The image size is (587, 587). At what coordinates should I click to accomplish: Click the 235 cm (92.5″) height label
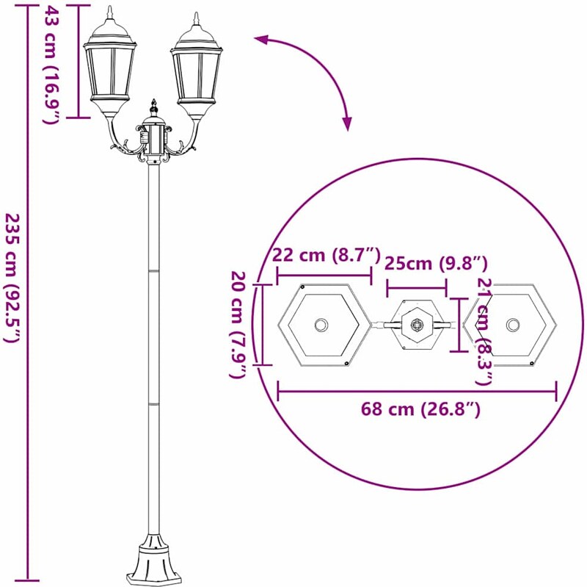(x=11, y=278)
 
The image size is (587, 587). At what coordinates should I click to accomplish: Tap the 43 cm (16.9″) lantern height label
(x=50, y=64)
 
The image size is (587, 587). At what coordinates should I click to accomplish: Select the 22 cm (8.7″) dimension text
(x=326, y=255)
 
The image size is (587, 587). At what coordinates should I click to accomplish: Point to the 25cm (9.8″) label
(x=436, y=264)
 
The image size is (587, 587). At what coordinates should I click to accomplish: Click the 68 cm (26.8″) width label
(x=420, y=409)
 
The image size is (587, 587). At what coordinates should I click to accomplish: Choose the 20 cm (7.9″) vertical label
(x=237, y=324)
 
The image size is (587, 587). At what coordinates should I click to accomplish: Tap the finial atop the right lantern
(x=196, y=19)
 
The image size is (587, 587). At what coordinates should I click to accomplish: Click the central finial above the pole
(x=153, y=107)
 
